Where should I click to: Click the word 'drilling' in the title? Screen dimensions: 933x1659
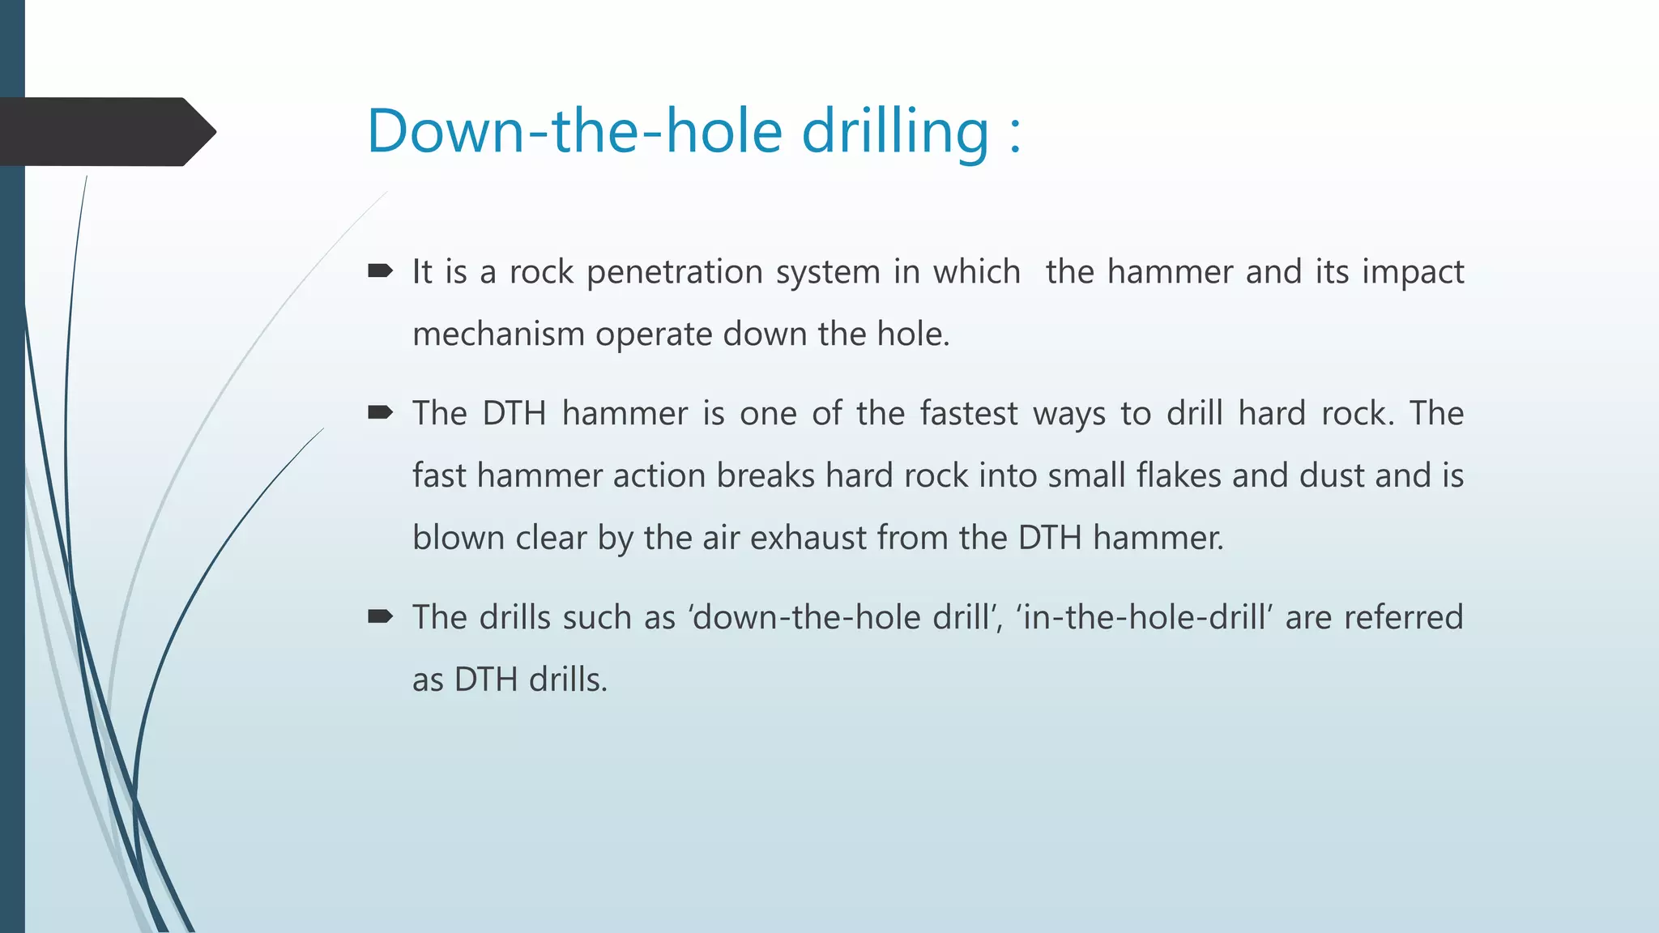point(895,131)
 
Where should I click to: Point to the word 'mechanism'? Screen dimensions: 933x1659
point(498,334)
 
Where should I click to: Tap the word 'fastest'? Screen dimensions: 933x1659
point(969,414)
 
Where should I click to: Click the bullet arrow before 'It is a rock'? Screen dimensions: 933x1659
point(380,271)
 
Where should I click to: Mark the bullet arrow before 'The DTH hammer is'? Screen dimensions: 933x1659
point(380,413)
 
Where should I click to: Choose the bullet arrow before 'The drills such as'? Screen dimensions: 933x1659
point(380,617)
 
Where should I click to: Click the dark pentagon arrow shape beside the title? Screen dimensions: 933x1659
point(105,132)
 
